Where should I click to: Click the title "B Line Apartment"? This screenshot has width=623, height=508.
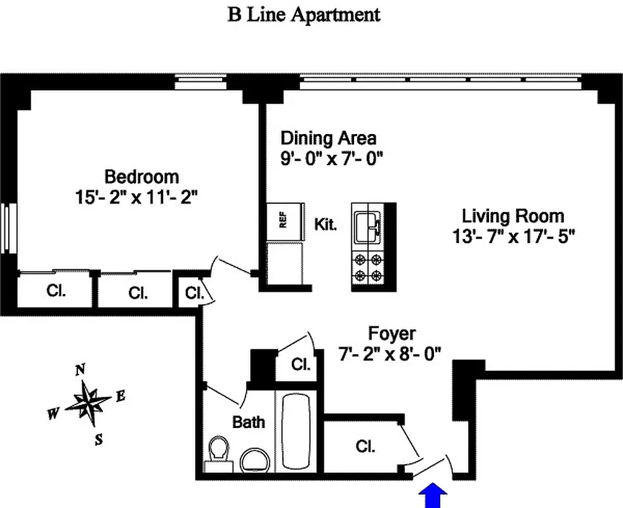click(x=304, y=15)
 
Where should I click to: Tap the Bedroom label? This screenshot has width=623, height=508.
click(x=141, y=176)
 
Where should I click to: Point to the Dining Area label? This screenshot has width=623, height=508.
click(x=328, y=138)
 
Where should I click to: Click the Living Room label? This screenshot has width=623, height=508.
click(x=513, y=216)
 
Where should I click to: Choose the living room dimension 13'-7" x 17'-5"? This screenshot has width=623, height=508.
click(x=513, y=236)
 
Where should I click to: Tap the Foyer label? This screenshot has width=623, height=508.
click(x=392, y=333)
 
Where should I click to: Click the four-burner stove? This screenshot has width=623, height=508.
click(x=369, y=268)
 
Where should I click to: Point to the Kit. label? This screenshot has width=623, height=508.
click(x=325, y=224)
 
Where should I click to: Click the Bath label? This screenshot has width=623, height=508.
click(x=248, y=422)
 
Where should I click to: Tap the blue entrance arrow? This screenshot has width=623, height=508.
click(x=433, y=495)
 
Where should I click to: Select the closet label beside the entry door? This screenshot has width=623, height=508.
click(x=365, y=446)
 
